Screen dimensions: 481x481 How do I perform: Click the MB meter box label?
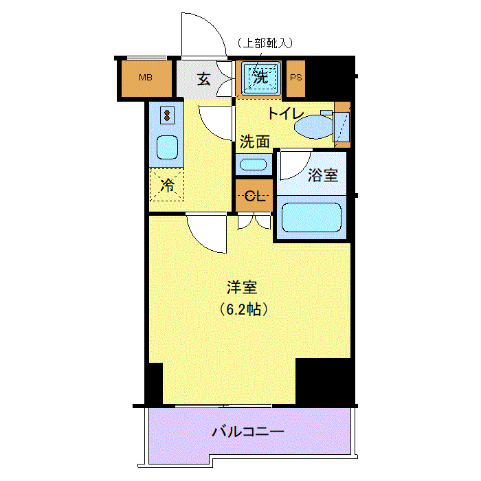click(146, 77)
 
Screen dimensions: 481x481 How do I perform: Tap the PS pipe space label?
click(295, 77)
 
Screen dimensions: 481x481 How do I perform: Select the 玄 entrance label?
click(203, 79)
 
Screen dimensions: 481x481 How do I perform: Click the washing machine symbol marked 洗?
click(261, 77)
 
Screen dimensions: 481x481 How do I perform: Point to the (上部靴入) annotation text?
click(265, 43)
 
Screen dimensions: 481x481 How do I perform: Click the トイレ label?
click(286, 113)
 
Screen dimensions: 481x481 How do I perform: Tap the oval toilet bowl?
click(313, 126)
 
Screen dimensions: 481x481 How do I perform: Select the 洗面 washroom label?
click(255, 142)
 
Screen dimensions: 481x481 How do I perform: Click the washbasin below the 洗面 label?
click(254, 165)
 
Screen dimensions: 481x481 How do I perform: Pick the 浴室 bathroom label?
click(323, 175)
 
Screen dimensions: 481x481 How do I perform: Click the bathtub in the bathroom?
click(311, 218)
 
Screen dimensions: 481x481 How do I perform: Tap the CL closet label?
click(255, 196)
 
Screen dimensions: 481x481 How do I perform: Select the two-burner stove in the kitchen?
click(167, 115)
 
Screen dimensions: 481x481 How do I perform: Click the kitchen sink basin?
click(167, 148)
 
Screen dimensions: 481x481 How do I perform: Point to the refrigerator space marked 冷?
click(167, 184)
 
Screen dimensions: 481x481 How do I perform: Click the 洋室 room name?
click(242, 287)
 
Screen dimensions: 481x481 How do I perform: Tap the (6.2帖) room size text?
click(243, 309)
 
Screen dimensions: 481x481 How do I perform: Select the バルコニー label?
click(248, 432)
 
